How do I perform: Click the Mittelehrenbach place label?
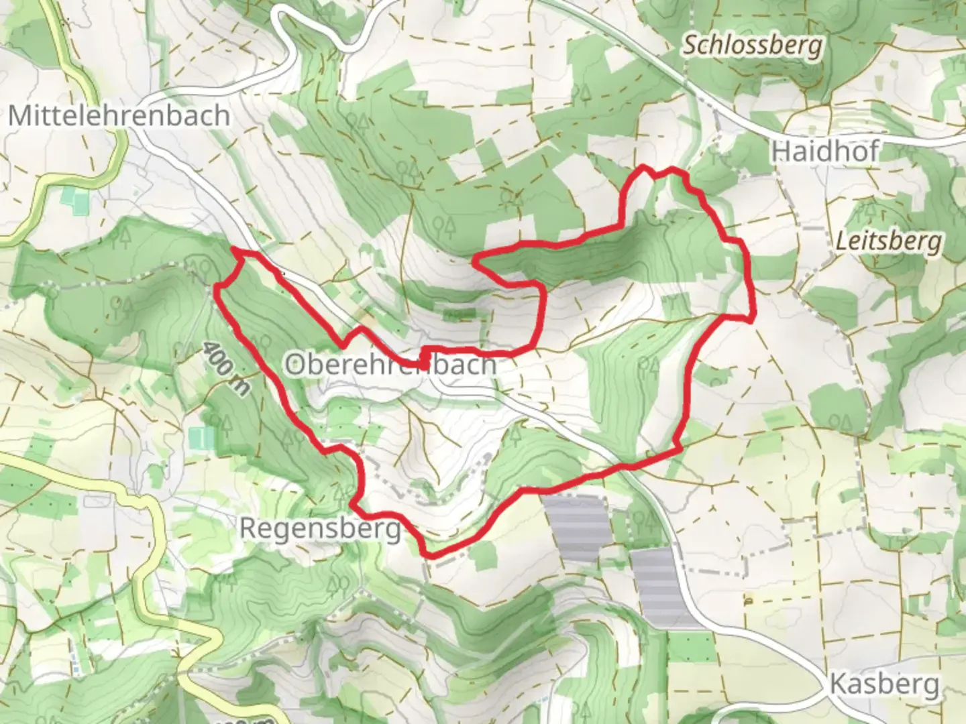point(119,116)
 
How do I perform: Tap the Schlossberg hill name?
point(752,46)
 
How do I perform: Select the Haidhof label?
point(824,152)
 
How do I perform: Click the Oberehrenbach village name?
point(390,365)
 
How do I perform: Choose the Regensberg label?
point(320,528)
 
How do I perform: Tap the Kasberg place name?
point(883,684)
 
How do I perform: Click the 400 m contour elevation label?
point(224,368)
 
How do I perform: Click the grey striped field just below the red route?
point(576,527)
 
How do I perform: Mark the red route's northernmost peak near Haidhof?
point(643,166)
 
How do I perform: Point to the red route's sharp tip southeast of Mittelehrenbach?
point(234,249)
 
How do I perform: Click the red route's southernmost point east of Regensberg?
point(429,554)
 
